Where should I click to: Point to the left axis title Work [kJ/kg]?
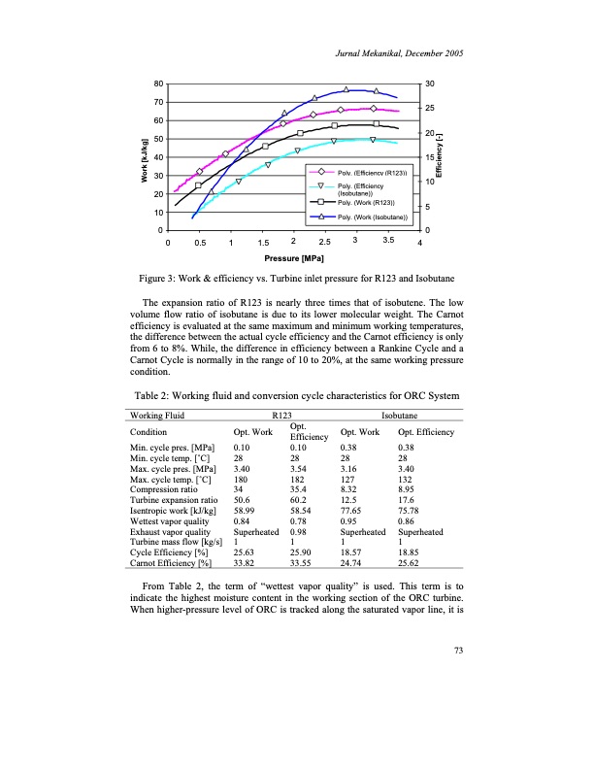143,155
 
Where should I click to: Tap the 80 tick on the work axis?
157,84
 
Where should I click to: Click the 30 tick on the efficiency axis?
430,84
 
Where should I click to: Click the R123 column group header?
282,416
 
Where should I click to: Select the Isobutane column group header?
400,416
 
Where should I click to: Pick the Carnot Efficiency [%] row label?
171,560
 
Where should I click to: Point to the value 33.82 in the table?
245,560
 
